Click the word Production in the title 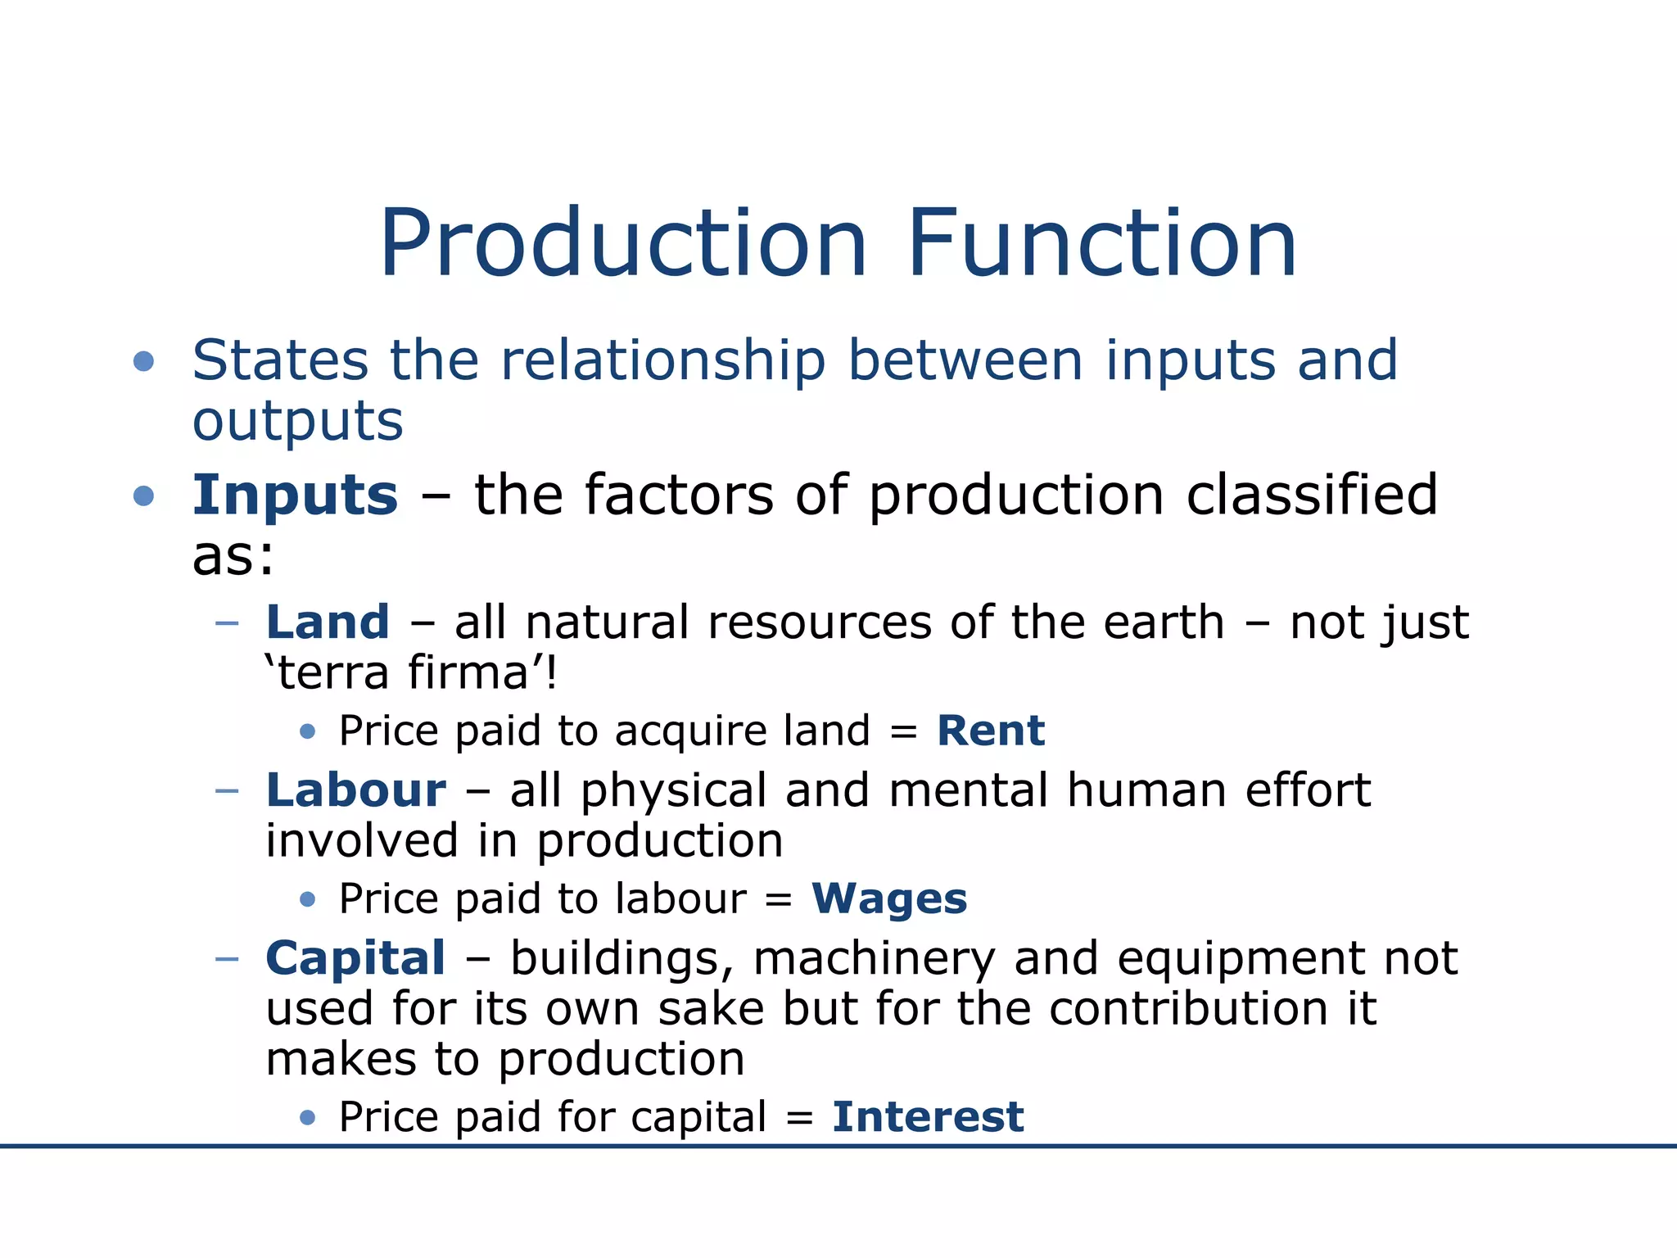622,245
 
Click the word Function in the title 1101,245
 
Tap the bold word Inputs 295,496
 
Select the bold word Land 328,622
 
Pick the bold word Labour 356,791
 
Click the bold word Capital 355,959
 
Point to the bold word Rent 991,731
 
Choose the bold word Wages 889,899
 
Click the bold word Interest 928,1117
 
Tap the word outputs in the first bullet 298,423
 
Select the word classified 1312,496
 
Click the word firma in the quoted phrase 468,673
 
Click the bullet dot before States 144,361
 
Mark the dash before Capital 226,959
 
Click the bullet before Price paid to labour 308,900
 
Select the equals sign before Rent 903,731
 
